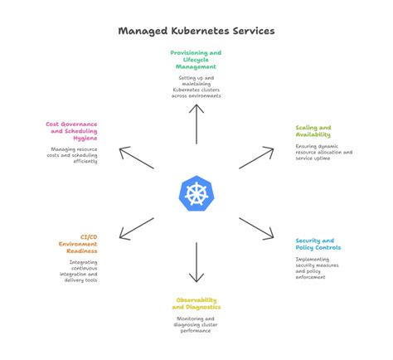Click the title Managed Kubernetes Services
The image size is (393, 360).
tap(196, 31)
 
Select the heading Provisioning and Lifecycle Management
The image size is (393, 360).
tap(196, 59)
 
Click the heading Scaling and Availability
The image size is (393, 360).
tap(313, 131)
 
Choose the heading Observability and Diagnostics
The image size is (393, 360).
tap(196, 303)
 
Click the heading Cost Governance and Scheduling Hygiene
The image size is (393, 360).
tap(75, 131)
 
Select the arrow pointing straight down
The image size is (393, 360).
tap(196, 263)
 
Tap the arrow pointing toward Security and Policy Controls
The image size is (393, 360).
tap(256, 230)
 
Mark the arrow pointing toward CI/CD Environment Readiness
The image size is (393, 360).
tap(137, 230)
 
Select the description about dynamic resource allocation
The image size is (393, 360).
tap(324, 153)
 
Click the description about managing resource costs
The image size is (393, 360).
tap(75, 155)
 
